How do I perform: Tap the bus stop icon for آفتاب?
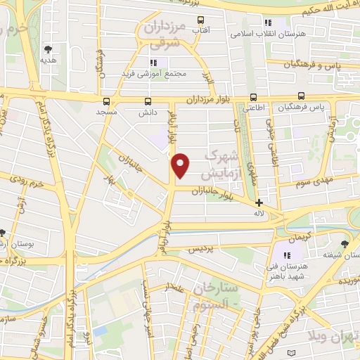coord(200,20)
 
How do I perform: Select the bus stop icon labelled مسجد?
coord(105,101)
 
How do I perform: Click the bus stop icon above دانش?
coord(148,101)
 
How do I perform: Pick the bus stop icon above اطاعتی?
coord(254,98)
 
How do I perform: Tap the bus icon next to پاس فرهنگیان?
coord(302,96)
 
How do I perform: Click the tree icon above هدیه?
coord(48,49)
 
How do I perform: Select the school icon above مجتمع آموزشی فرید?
coord(153,63)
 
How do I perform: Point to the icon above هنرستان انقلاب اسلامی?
coord(267,22)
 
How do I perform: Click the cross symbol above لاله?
coord(259,202)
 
